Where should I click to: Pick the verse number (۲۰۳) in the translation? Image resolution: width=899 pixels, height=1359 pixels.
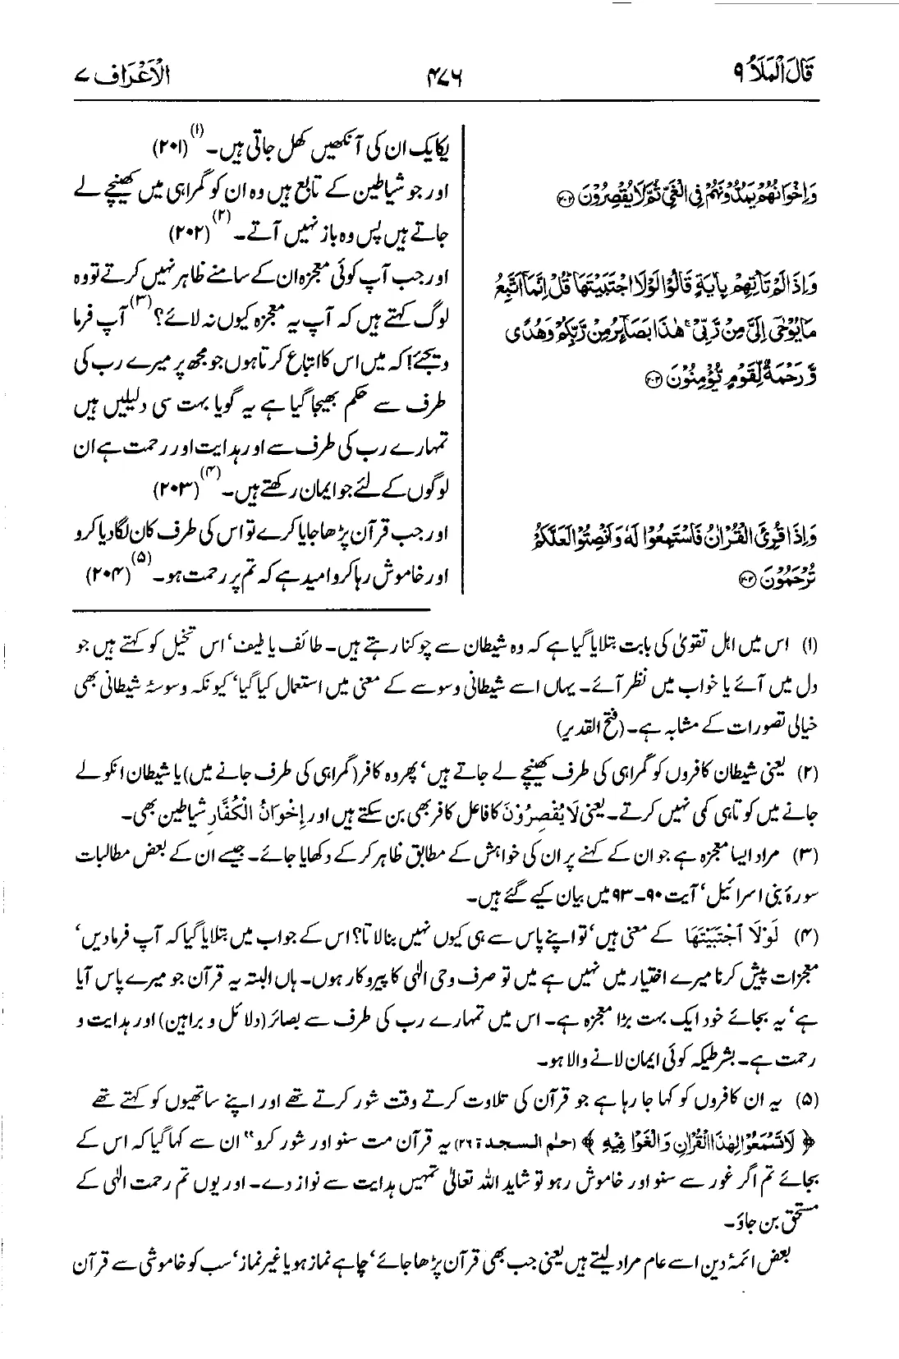[x=176, y=493]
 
